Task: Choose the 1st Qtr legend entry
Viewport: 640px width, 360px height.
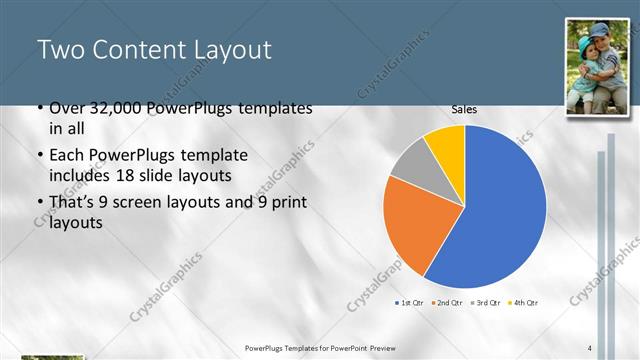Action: point(413,302)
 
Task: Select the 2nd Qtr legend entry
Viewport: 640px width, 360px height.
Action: point(451,302)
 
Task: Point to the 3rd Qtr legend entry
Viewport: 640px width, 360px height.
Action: point(487,302)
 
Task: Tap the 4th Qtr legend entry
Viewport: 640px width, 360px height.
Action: point(524,302)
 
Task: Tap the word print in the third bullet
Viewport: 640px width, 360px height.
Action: point(287,203)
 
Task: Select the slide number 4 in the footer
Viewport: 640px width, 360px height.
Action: point(590,347)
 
